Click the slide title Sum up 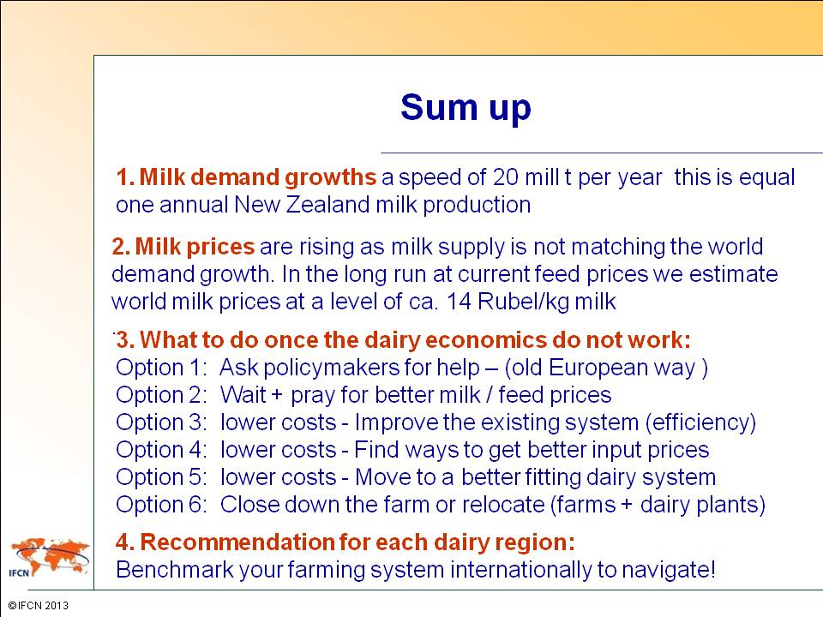466,109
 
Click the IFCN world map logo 50,557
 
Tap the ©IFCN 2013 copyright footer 39,606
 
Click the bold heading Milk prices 195,247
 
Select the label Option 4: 162,450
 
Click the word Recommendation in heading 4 237,542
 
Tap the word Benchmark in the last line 174,570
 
